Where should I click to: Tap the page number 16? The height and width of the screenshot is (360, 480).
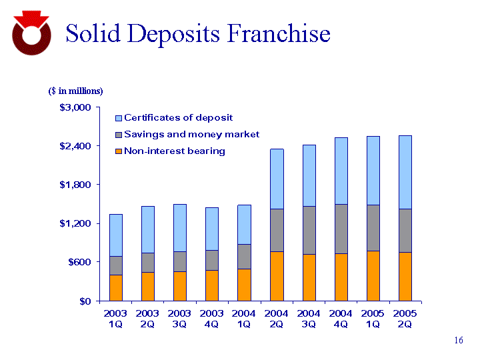tap(458, 341)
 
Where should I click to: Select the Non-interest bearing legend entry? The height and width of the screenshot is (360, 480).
tap(173, 151)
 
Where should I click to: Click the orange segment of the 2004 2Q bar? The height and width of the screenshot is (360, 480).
tap(277, 276)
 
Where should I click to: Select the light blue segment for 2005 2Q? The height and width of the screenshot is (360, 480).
tap(405, 172)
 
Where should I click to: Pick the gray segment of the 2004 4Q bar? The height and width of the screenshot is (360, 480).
tap(341, 229)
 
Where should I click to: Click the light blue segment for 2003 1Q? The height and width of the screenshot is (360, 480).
tap(115, 235)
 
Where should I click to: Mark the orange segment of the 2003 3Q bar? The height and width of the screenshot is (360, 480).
tap(180, 286)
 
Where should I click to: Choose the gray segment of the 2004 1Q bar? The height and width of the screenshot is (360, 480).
tap(245, 257)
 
